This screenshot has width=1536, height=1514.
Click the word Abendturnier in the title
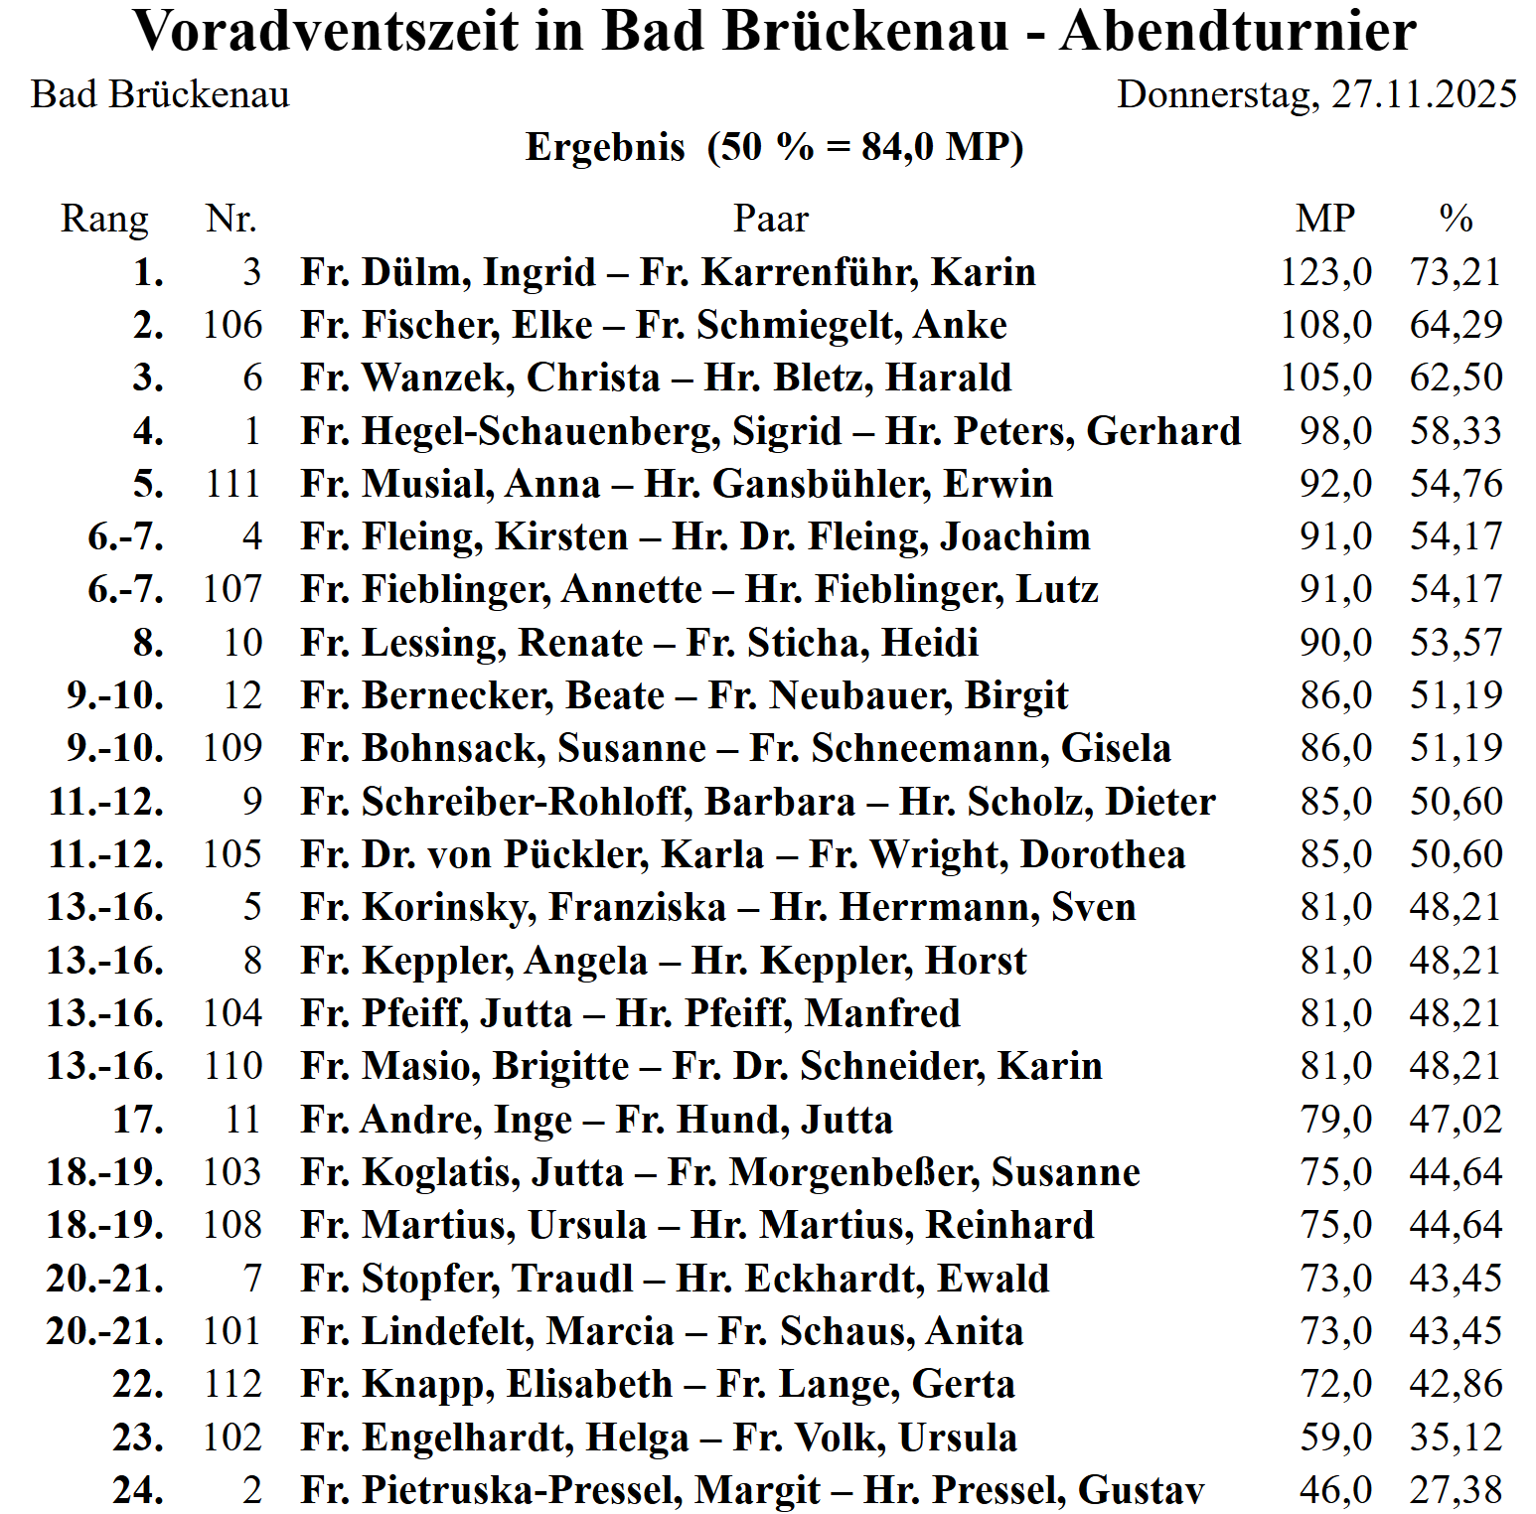click(1238, 32)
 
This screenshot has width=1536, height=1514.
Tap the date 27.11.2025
click(1424, 94)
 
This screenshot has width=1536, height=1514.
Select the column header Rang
click(104, 219)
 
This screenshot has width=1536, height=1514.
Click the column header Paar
click(771, 219)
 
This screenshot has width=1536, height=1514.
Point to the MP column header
click(1325, 219)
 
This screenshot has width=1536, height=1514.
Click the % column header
click(1456, 219)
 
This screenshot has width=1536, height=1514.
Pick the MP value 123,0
click(1325, 272)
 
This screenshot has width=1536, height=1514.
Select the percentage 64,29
click(1456, 325)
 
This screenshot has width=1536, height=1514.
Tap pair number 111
click(232, 484)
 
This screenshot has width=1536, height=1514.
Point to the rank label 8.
click(148, 643)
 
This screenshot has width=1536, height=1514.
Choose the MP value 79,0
click(1335, 1120)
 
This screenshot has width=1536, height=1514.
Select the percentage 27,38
click(1456, 1490)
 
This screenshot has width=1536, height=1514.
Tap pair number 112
click(232, 1384)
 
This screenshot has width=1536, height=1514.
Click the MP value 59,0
click(1335, 1438)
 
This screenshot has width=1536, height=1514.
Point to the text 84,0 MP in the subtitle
click(934, 147)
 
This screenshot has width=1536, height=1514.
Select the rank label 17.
click(138, 1120)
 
